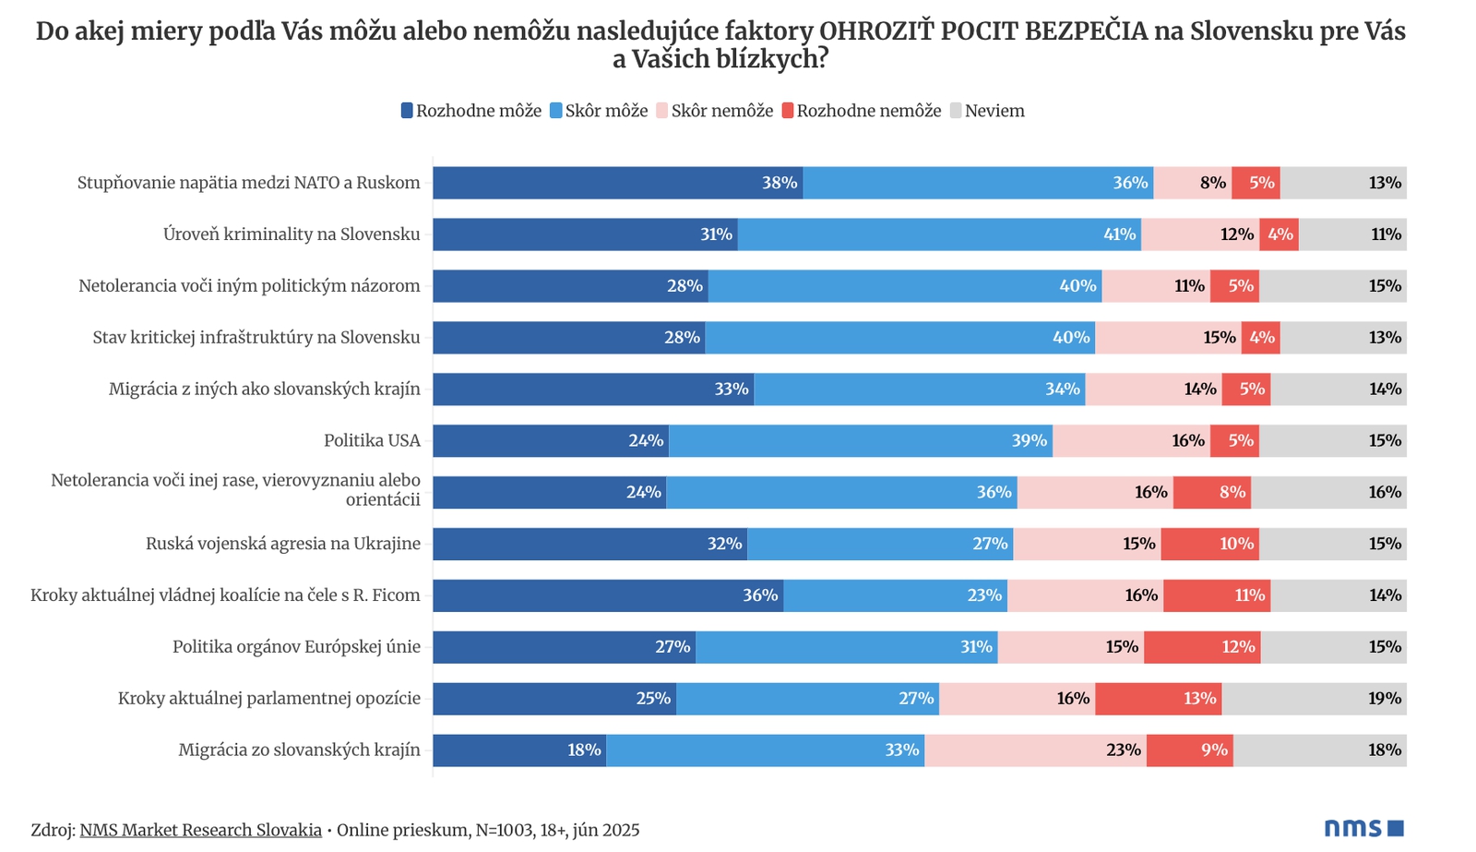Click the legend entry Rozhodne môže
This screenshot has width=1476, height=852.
(x=471, y=111)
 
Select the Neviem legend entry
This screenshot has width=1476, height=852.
(x=987, y=111)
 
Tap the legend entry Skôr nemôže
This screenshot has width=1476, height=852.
(x=714, y=111)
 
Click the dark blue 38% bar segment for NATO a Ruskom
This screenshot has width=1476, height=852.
(x=617, y=183)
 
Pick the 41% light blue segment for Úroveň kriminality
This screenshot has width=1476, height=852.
(x=939, y=234)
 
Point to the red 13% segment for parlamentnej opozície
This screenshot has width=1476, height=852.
(x=1159, y=699)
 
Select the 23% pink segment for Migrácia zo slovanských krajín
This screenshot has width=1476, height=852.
(x=1035, y=750)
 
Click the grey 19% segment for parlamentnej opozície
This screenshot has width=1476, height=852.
(x=1314, y=699)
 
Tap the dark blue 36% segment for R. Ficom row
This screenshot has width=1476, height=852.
(x=608, y=595)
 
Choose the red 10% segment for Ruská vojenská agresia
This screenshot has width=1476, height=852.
(x=1209, y=544)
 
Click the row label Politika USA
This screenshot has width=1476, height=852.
(x=372, y=440)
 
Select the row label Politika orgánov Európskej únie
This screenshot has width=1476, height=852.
(x=296, y=647)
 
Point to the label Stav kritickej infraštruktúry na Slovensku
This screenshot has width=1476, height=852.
(x=256, y=338)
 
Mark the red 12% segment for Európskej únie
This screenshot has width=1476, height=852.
(x=1202, y=647)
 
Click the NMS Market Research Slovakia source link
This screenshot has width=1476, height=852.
(x=200, y=830)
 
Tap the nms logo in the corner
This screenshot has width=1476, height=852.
(x=1363, y=828)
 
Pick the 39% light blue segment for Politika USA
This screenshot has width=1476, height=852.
(x=861, y=440)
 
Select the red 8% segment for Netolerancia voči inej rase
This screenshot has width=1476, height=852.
(x=1212, y=492)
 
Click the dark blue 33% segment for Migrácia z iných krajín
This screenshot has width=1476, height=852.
(x=593, y=389)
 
